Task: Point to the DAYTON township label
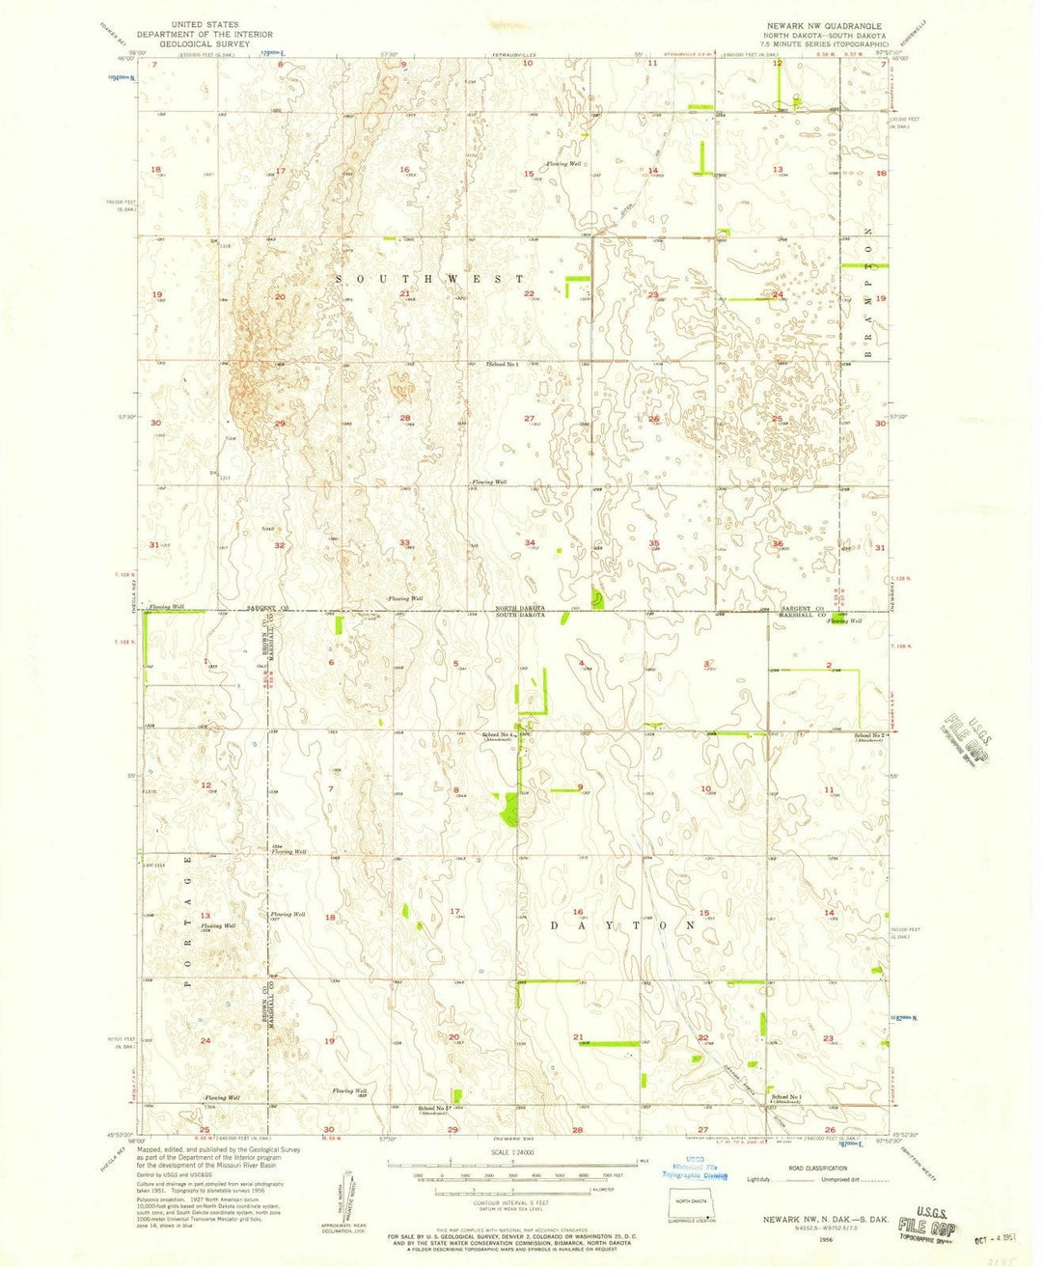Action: click(622, 925)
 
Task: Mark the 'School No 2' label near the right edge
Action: click(872, 735)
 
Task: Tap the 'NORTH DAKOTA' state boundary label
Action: click(521, 608)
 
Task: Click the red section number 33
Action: click(406, 542)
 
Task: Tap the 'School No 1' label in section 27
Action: click(503, 365)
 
